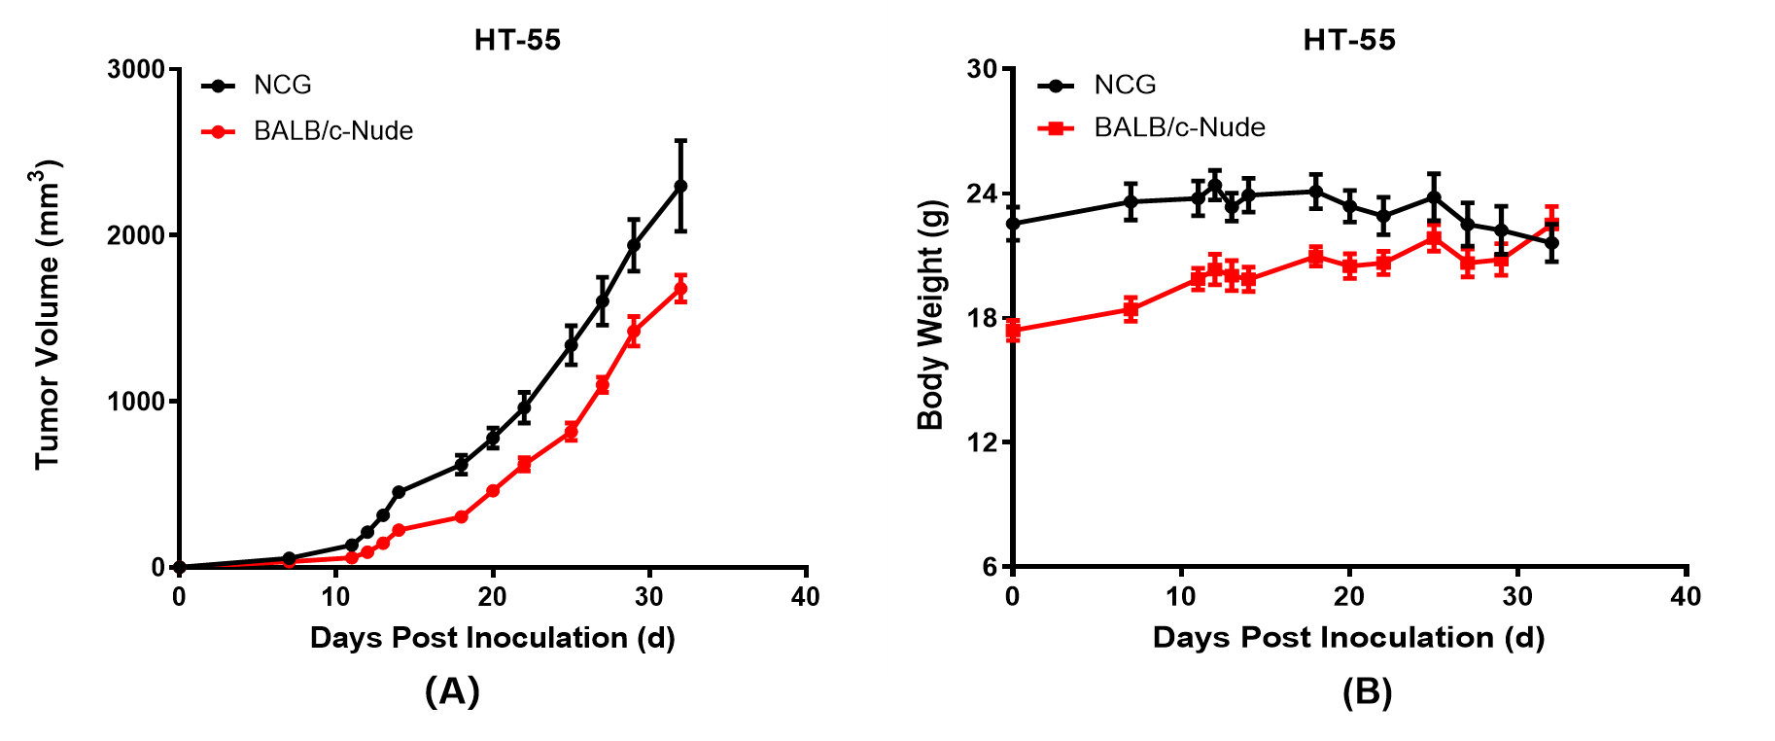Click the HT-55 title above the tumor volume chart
(517, 40)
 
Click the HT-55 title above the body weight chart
(1349, 40)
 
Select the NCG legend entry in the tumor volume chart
(282, 86)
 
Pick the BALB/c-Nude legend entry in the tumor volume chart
(332, 131)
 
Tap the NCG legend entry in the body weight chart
(1125, 86)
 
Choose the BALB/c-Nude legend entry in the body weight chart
(1179, 127)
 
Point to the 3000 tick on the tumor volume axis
(136, 69)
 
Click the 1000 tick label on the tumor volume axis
(136, 402)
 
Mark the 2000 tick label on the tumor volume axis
(136, 235)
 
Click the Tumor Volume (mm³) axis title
(48, 314)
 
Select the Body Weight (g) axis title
(931, 314)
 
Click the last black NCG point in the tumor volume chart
(680, 186)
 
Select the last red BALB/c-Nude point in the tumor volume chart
(680, 288)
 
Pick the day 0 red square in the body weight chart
(1013, 332)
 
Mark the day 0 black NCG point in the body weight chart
(1013, 224)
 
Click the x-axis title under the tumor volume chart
(492, 638)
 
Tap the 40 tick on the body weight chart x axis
(1686, 596)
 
